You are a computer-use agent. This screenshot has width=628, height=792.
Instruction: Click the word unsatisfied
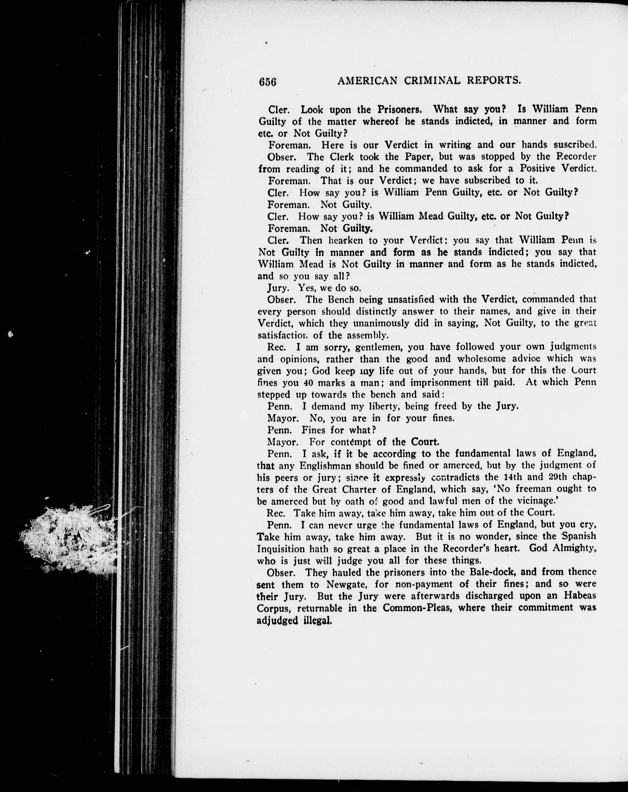click(x=411, y=299)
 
